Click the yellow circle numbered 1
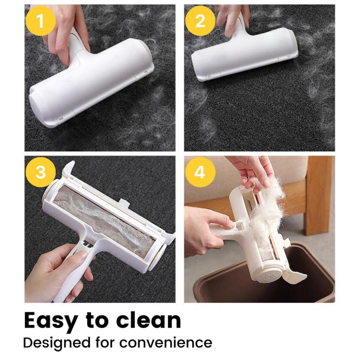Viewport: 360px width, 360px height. (x=40, y=21)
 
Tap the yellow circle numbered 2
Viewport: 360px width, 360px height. (x=200, y=21)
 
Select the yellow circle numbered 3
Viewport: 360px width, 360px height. (x=40, y=172)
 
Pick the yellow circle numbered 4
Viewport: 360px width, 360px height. (x=200, y=172)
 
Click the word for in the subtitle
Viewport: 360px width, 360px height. (x=107, y=342)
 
